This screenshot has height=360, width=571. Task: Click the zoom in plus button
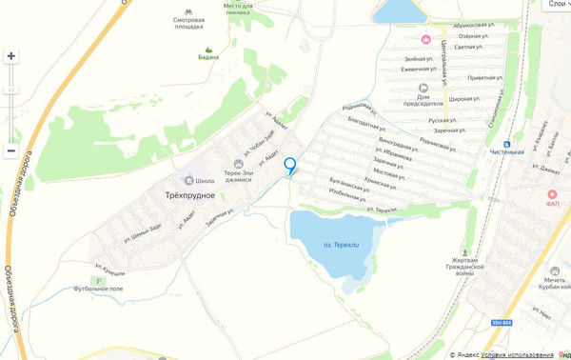coord(11,56)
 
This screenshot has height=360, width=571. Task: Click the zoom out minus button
coord(11,150)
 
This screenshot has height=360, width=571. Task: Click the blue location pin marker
coord(290,166)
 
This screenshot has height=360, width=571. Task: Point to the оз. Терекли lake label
coord(341,245)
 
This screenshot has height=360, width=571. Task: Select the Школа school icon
coord(187,180)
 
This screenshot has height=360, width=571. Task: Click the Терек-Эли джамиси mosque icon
coord(238,164)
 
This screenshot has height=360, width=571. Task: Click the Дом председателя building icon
coord(423,91)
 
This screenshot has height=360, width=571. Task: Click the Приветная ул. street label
coord(483,78)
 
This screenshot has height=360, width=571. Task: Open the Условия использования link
coord(517,354)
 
